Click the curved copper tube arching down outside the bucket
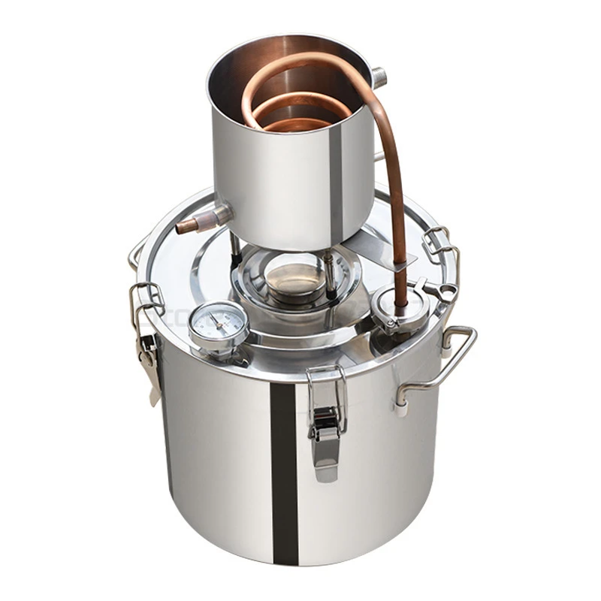tap(394, 188)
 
